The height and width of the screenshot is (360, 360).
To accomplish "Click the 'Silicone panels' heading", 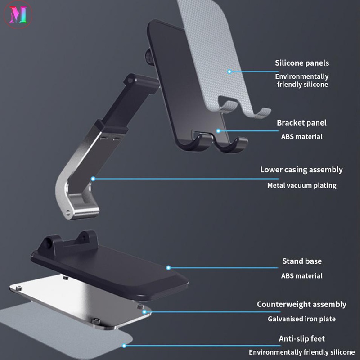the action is (x=301, y=63).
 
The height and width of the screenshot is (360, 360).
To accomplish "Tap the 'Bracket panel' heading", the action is (x=301, y=123).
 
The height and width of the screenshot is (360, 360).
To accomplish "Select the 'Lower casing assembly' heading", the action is (x=301, y=170).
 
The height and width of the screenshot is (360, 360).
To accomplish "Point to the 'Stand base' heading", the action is (x=302, y=261).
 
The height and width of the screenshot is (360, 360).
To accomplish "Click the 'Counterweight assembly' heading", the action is (x=301, y=305).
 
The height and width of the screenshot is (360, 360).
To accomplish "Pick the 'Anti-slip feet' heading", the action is (x=301, y=338).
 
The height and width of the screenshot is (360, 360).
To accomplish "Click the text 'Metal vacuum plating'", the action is (x=301, y=185).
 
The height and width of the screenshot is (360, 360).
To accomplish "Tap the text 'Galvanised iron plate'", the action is (x=301, y=319).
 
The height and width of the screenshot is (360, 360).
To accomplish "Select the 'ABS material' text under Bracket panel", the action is (x=302, y=137).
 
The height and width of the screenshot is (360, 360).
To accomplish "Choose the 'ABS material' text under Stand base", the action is (x=302, y=276).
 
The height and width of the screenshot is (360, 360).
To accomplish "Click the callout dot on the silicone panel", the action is (x=229, y=71).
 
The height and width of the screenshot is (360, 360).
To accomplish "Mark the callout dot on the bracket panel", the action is (x=218, y=131).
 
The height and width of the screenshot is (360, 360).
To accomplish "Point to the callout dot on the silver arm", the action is (x=94, y=179).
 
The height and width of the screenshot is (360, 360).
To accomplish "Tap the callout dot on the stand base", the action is (x=169, y=268).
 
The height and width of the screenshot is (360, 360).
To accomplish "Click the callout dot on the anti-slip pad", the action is (x=125, y=345).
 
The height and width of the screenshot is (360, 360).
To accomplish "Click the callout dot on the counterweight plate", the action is (x=144, y=311).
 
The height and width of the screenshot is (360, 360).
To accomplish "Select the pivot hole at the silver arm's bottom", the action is (x=69, y=211).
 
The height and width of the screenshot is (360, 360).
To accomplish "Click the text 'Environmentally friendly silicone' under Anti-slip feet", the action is (x=301, y=352).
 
